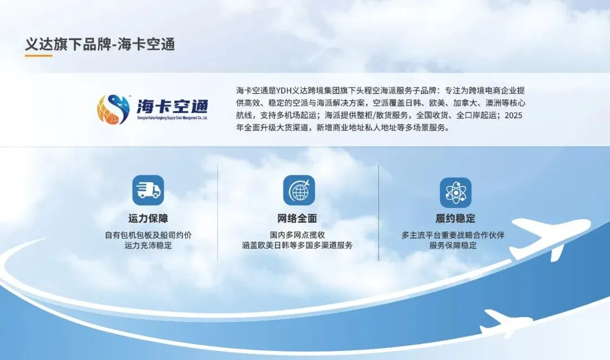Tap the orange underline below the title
point(38,56)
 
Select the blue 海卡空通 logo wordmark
point(172,106)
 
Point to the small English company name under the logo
point(172,119)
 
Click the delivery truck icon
point(148,190)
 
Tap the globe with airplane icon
point(299,190)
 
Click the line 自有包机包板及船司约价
point(148,235)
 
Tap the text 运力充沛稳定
point(148,246)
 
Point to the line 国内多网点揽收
point(297,235)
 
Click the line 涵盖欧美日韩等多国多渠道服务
point(297,246)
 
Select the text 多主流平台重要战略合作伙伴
point(452,235)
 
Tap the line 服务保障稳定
point(452,246)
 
